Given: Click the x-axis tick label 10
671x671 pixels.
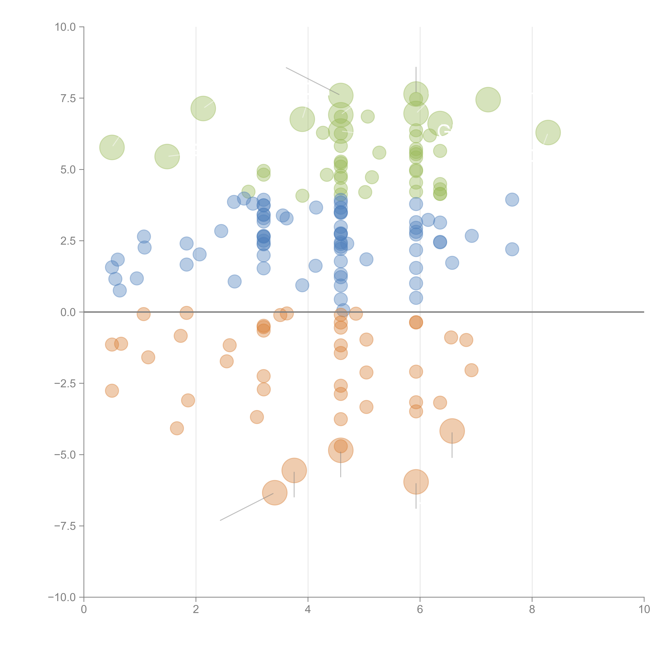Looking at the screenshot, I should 644,610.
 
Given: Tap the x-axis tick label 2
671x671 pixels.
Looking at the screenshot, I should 196,610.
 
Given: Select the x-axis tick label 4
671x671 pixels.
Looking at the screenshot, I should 308,610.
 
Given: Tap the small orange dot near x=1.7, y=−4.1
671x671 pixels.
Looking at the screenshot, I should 177,428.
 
